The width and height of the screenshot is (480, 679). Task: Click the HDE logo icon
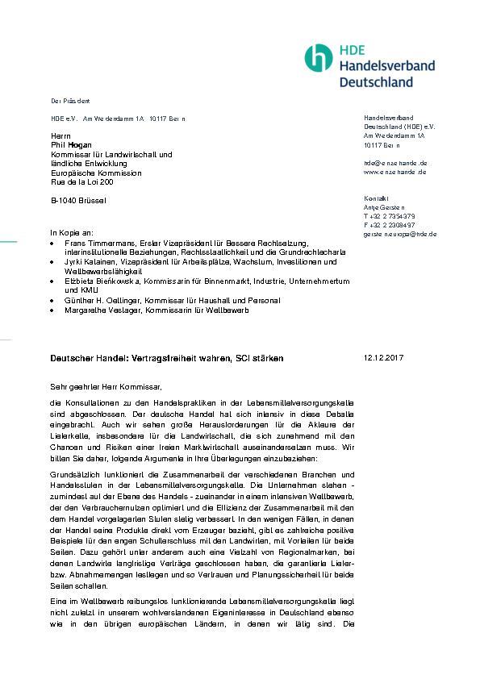(x=319, y=58)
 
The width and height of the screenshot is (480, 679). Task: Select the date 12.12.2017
(x=383, y=357)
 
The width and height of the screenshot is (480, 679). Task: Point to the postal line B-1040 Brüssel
(x=78, y=200)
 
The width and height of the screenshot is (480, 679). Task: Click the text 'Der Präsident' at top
(x=70, y=101)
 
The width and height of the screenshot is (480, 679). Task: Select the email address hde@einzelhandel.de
(x=395, y=163)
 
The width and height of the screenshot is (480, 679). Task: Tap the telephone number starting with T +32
(x=389, y=216)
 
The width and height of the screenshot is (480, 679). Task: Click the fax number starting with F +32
(x=389, y=225)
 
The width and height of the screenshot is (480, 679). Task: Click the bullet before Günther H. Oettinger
(x=53, y=301)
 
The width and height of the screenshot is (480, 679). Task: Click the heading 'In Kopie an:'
(x=72, y=232)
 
